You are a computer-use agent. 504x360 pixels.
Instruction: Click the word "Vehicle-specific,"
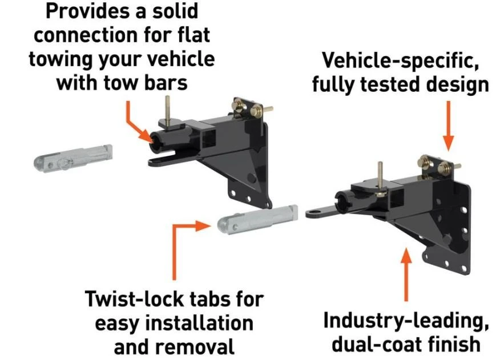coord(401,61)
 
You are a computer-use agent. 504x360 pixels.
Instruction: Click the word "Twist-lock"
coord(136,300)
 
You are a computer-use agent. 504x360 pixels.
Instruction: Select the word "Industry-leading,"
coord(406,321)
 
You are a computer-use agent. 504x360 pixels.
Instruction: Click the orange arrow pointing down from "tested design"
coord(449,126)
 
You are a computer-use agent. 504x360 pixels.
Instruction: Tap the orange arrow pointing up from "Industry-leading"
coord(406,274)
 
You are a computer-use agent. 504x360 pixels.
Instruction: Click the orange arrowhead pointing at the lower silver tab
coord(203,226)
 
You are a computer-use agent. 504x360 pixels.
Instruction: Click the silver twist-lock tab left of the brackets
coord(73,159)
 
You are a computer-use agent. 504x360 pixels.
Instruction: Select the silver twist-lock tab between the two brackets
coord(258,219)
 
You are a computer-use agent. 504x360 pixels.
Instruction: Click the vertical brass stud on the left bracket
coord(167,109)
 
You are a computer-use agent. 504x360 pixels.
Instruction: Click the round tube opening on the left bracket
coord(155,141)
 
